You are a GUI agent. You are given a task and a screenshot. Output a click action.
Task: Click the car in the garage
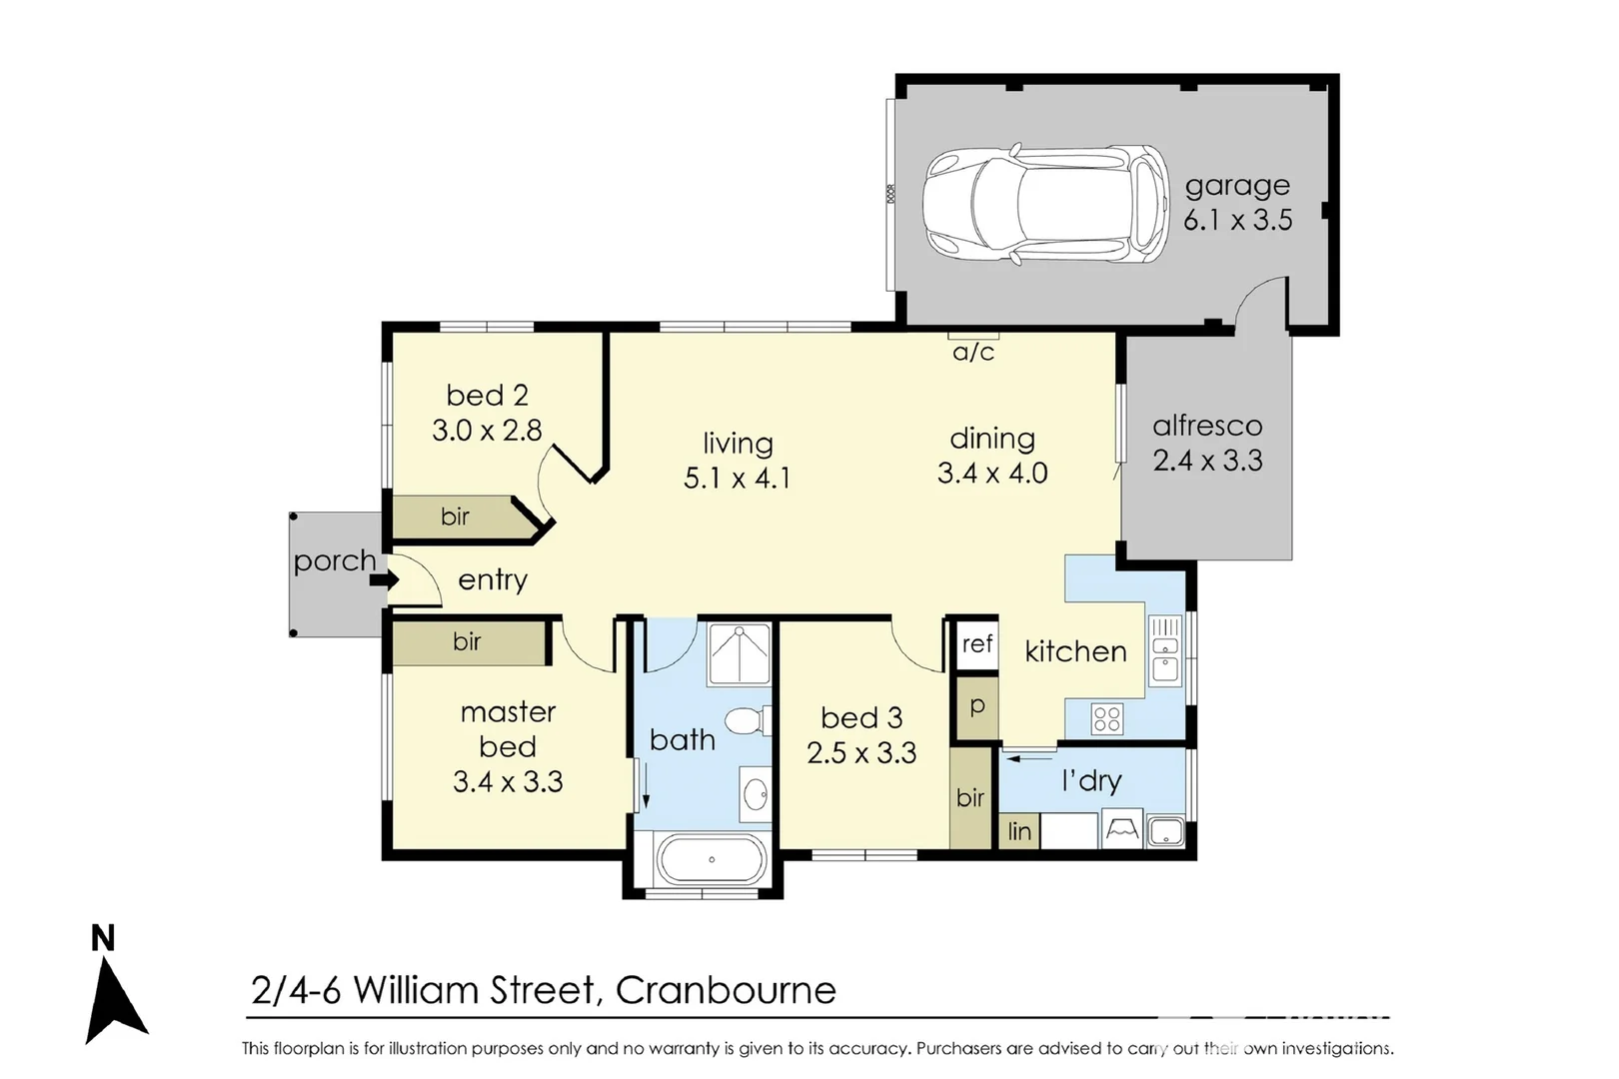1044,205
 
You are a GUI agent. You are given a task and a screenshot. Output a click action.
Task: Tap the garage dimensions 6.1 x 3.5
1237,220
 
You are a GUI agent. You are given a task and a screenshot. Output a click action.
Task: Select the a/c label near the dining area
973,352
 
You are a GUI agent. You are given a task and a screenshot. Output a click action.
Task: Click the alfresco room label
1207,426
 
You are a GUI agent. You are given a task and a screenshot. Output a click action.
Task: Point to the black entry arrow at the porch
385,579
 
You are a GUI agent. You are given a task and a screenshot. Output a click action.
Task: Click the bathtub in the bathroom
711,859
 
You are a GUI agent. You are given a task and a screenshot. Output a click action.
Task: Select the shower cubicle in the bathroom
740,654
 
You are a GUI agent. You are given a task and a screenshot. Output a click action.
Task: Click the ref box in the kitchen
976,644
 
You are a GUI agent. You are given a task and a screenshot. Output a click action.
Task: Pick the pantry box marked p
976,706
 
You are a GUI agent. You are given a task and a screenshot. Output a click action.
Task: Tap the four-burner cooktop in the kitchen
1106,718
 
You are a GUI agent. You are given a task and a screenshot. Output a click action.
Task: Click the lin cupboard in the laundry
1019,831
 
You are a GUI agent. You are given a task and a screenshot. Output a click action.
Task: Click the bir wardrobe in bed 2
455,517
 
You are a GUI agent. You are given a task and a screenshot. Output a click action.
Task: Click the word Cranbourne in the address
726,990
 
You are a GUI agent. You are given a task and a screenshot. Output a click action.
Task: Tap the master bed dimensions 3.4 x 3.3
508,781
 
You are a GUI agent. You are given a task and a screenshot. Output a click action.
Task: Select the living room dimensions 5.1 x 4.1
737,479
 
